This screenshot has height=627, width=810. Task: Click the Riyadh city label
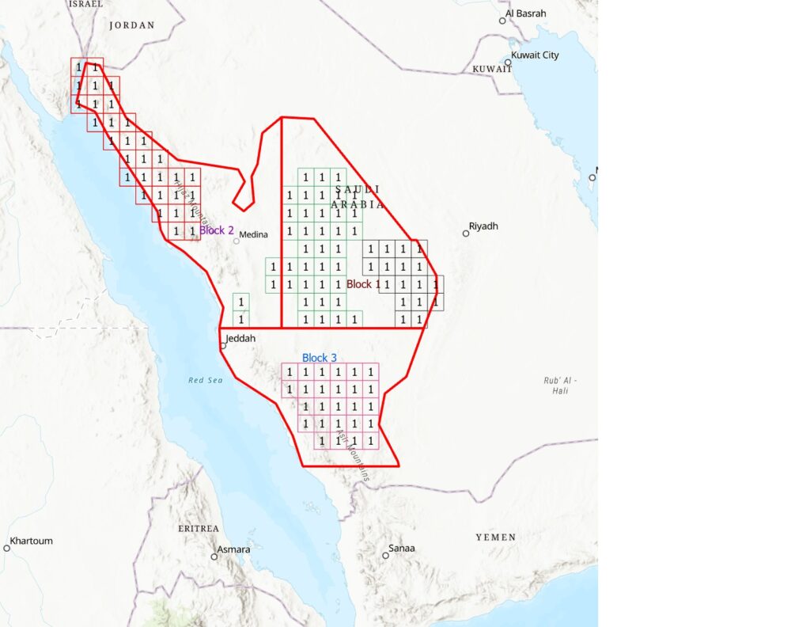[x=484, y=226]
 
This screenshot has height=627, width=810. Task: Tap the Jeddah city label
[x=242, y=339]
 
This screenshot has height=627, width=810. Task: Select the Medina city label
[x=253, y=234]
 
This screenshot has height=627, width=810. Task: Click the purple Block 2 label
[x=217, y=230]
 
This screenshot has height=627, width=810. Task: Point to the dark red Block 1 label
[x=364, y=284]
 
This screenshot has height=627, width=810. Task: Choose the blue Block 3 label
[x=320, y=358]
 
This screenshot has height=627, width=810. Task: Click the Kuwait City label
[x=536, y=55]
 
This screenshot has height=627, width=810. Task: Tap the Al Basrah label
[x=526, y=13]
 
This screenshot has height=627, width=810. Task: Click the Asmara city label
[x=233, y=549]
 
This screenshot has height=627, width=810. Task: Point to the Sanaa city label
[x=402, y=549]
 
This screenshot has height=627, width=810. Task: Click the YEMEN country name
[x=496, y=538]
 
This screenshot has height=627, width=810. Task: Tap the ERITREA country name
[x=199, y=528]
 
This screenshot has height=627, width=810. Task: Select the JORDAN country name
[x=132, y=25]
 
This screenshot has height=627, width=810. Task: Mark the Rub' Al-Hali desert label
[x=560, y=386]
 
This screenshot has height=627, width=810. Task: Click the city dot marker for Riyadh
[x=466, y=234]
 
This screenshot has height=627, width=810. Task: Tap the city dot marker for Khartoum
[x=7, y=547]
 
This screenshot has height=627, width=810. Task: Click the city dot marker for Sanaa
[x=385, y=555]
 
